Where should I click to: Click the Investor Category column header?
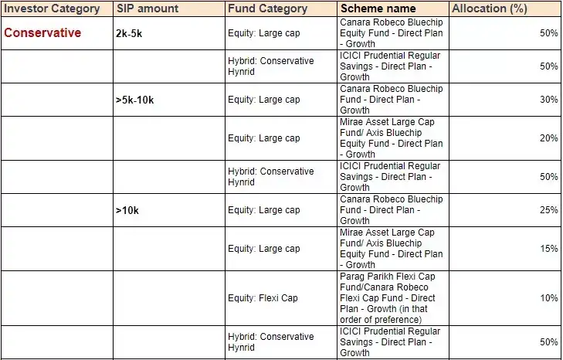pos(52,8)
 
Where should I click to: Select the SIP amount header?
pos(147,8)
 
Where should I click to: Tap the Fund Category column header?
pos(267,8)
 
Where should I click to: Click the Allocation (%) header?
pos(490,8)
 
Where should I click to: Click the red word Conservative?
pos(42,33)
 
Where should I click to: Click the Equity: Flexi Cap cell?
pos(263,298)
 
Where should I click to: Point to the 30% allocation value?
pos(548,100)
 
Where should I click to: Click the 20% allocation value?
pos(548,138)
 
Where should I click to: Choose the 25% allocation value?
pos(548,210)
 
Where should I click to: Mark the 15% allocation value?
pos(548,249)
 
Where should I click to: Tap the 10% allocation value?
pos(548,298)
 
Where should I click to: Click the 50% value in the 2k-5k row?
pos(548,33)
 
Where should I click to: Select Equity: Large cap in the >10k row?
pos(264,210)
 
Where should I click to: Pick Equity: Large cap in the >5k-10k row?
pos(264,100)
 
